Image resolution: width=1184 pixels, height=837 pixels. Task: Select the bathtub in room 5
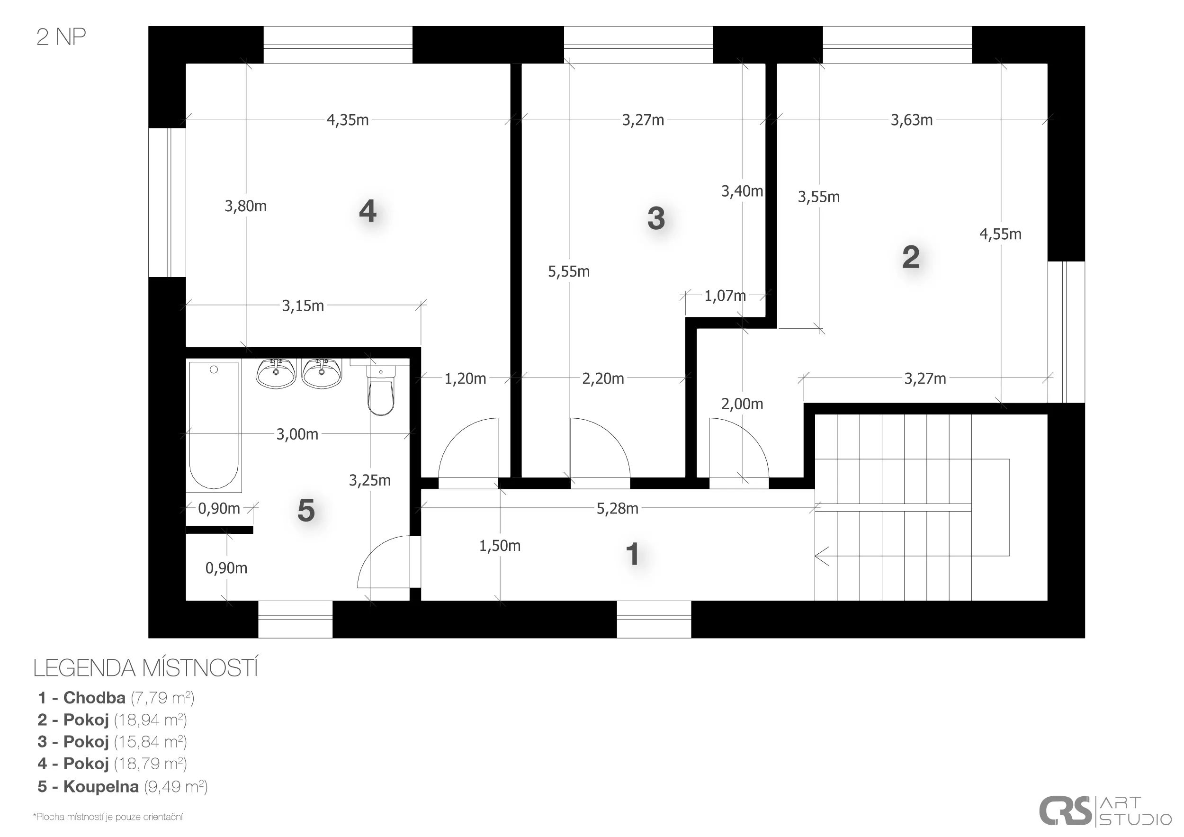click(x=214, y=425)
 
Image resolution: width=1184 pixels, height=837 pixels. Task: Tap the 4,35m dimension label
click(x=348, y=120)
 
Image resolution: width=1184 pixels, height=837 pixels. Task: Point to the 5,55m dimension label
click(x=569, y=271)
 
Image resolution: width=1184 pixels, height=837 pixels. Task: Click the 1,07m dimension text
click(x=725, y=296)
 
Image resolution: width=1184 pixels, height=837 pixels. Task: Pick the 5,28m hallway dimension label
click(x=617, y=509)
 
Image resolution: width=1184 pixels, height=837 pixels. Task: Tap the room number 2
click(x=911, y=257)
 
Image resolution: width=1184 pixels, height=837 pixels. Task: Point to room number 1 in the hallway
click(x=632, y=554)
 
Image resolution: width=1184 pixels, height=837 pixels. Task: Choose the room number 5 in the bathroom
click(x=306, y=511)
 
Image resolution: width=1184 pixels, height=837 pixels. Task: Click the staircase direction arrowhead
click(x=821, y=556)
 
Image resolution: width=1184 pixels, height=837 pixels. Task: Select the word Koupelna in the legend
click(x=101, y=786)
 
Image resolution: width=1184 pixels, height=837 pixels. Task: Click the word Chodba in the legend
click(x=94, y=698)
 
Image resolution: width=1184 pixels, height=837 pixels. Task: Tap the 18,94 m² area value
click(x=150, y=720)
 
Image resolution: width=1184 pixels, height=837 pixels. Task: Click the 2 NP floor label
click(x=61, y=37)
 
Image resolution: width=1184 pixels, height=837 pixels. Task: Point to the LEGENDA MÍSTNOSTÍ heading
click(x=145, y=668)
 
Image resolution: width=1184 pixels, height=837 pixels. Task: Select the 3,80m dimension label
click(x=245, y=206)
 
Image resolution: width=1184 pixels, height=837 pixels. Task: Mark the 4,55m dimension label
click(x=1000, y=234)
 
